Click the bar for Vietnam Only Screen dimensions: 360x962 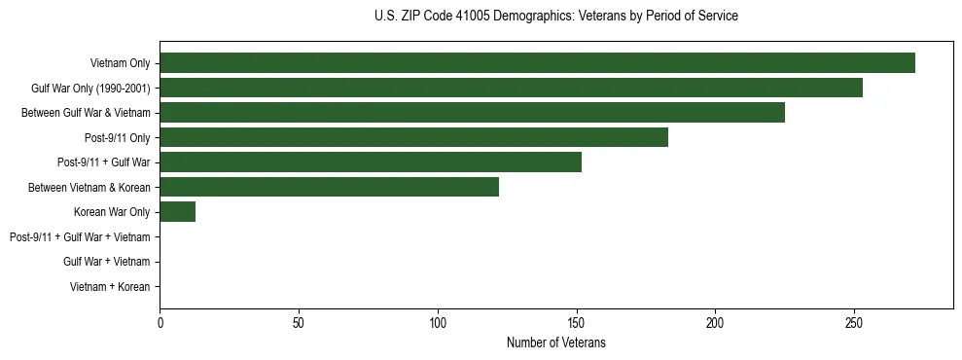click(x=537, y=63)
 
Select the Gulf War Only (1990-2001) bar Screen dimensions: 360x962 click(x=511, y=89)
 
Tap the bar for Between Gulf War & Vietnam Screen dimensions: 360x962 click(x=472, y=113)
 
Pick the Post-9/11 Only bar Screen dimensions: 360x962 click(x=413, y=138)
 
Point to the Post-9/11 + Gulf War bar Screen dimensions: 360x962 click(x=371, y=162)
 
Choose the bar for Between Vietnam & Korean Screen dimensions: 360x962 click(x=329, y=188)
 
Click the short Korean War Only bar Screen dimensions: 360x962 click(x=178, y=212)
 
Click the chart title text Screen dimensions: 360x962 click(x=555, y=17)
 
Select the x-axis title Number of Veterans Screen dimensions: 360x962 click(x=555, y=342)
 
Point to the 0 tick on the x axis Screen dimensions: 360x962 click(x=160, y=322)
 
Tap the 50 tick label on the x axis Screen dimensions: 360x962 click(x=299, y=322)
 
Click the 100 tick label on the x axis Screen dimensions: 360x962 click(x=438, y=322)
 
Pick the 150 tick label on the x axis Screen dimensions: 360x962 click(x=577, y=322)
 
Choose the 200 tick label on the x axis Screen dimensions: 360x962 click(x=715, y=322)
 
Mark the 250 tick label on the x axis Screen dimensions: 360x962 click(x=854, y=322)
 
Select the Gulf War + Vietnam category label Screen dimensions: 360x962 click(x=106, y=262)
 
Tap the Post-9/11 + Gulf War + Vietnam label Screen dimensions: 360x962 click(x=80, y=237)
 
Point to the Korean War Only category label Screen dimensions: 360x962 click(x=112, y=212)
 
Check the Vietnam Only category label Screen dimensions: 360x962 click(x=120, y=63)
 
